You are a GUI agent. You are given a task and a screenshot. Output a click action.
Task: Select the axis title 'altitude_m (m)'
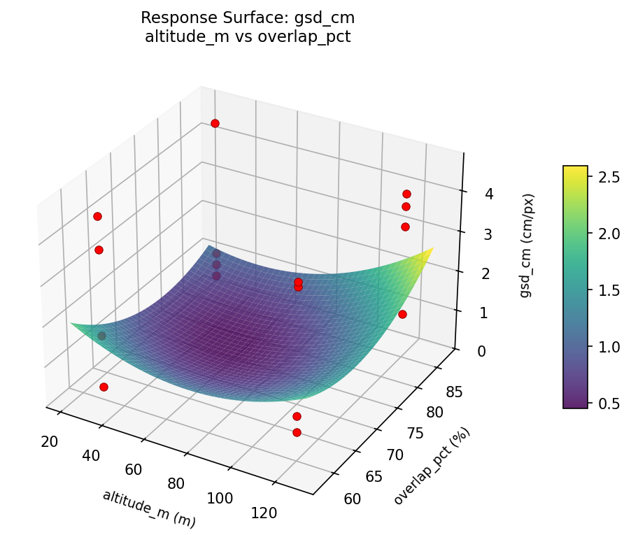pos(149,508)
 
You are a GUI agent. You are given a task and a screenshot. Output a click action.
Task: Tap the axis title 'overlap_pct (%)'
pos(432,466)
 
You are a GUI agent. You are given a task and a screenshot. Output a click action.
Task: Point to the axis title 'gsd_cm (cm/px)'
pos(525,245)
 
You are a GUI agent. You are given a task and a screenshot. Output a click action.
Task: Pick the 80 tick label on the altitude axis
pos(176,483)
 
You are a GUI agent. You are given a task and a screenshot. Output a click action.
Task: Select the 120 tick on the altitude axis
pos(263,513)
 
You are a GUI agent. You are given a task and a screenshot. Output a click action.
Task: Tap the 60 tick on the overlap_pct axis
pos(354,499)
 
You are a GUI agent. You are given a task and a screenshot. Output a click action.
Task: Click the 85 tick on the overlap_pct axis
pos(455,393)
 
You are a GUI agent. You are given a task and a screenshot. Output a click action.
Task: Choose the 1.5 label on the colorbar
pos(608,290)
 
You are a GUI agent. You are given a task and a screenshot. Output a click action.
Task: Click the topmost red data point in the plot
pos(215,123)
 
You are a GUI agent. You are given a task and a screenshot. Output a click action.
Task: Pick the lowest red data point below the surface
pos(297,432)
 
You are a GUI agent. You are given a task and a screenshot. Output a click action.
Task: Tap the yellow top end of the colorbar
pos(575,169)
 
